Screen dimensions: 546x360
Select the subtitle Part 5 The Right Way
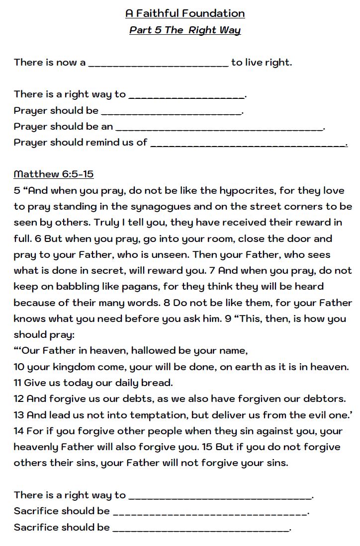(x=185, y=30)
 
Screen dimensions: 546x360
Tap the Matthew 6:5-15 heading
(x=54, y=174)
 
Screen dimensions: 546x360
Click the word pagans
(x=124, y=287)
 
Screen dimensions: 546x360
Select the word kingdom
(x=70, y=367)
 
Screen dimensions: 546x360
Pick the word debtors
(x=324, y=398)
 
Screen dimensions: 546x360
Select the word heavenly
(x=36, y=447)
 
